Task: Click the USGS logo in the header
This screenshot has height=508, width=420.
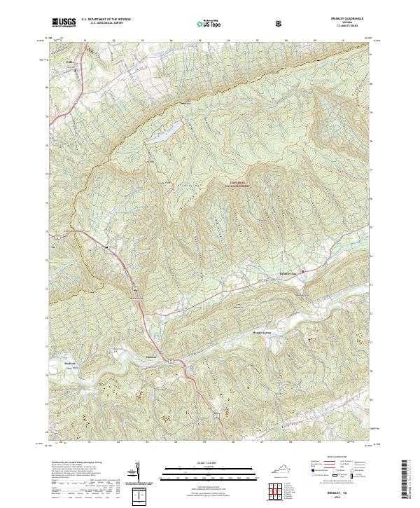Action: pos(64,22)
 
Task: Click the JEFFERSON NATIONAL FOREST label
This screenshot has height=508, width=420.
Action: pos(237,184)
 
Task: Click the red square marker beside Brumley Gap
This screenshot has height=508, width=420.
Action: pos(302,272)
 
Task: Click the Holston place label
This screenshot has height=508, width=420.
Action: pos(152,356)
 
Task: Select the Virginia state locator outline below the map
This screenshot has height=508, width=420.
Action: pos(278,471)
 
